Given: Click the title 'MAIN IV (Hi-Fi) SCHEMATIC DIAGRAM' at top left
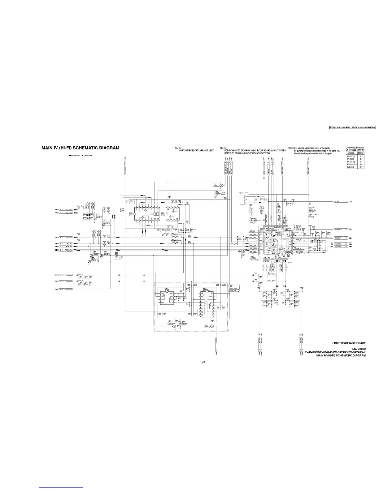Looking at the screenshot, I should click(80, 148).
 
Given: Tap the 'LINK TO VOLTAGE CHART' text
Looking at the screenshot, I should click(349, 343).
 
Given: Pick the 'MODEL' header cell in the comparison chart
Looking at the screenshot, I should click(351, 153).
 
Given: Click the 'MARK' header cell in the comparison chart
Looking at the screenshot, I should click(361, 153).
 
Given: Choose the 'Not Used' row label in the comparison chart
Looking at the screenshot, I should click(350, 167).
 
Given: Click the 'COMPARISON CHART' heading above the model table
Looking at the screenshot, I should click(355, 148).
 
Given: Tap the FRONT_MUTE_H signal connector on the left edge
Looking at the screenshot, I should click(68, 289).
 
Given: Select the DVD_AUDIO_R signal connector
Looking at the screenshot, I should click(68, 275).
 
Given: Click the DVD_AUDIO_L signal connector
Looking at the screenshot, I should click(68, 281).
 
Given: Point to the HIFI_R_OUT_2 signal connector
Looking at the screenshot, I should click(68, 210).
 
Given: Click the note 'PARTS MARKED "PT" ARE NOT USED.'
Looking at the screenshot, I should click(197, 150).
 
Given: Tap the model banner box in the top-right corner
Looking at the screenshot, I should click(352, 127).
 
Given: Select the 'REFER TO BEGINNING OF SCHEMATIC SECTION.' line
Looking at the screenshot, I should click(247, 153).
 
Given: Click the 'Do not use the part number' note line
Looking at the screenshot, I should click(313, 153).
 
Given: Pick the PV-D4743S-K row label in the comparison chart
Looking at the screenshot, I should click(351, 164).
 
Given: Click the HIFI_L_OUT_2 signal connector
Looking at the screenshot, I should click(68, 213).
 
